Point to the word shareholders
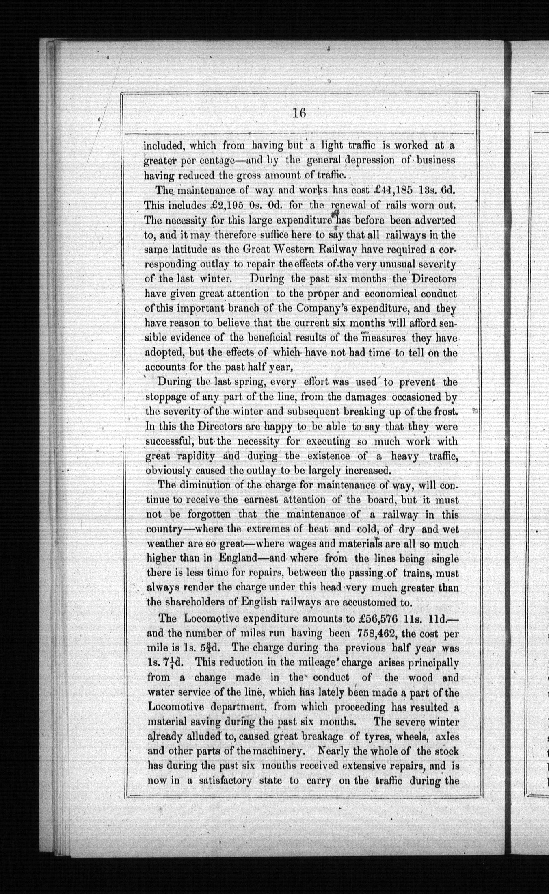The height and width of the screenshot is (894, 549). tap(195, 602)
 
